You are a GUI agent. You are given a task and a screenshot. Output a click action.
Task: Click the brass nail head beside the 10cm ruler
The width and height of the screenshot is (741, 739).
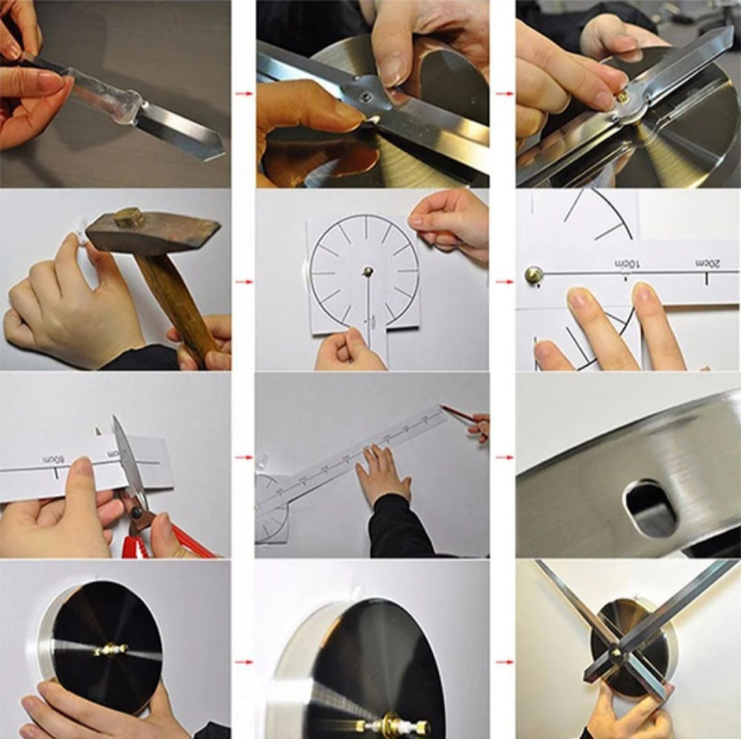(533, 275)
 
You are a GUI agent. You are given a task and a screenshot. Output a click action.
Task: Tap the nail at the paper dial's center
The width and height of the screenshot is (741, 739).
(368, 272)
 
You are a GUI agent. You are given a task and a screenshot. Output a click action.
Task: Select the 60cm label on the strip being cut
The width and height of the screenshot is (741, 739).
(53, 458)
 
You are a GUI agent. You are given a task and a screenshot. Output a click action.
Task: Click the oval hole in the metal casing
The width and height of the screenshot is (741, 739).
(649, 508)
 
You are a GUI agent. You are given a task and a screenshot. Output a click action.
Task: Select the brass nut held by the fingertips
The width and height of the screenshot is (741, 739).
(623, 97)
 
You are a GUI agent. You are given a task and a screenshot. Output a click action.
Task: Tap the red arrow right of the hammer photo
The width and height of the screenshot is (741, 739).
(243, 281)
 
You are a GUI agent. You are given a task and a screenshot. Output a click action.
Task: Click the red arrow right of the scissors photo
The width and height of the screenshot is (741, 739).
(243, 457)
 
